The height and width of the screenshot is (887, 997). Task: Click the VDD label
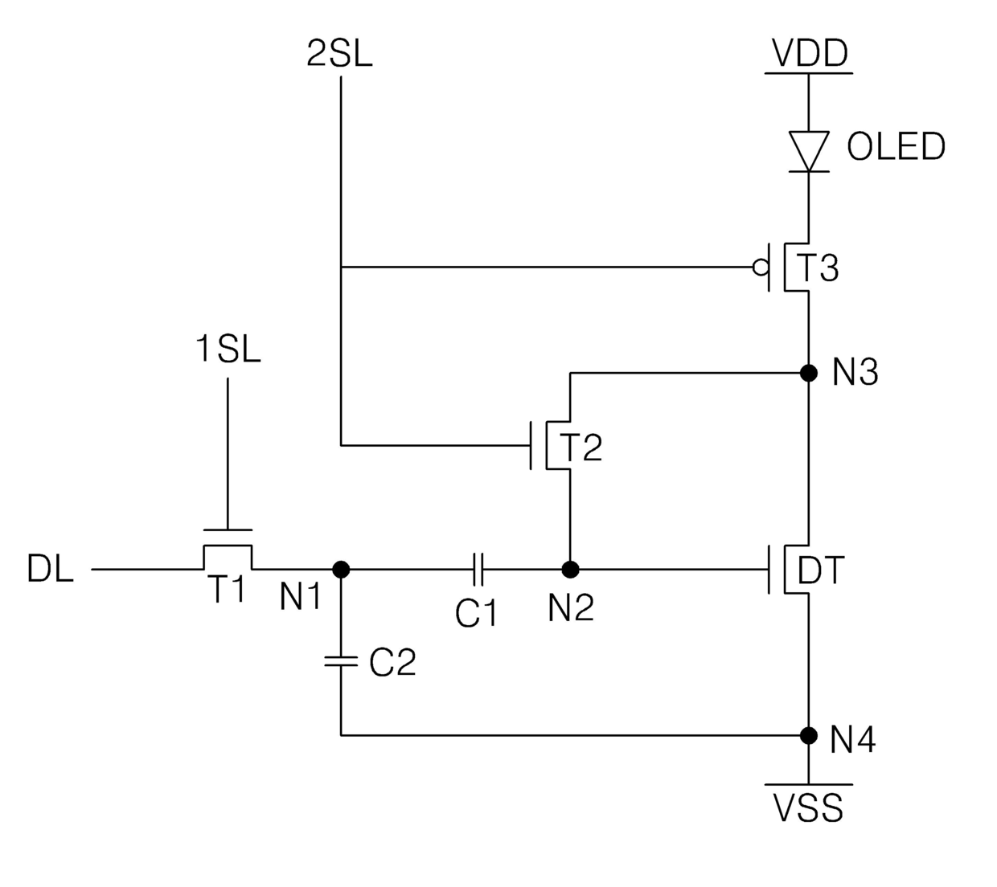[810, 53]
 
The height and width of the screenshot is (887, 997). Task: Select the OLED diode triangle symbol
[809, 151]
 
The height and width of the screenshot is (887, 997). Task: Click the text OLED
[896, 146]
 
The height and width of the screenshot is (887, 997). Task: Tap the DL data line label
[50, 569]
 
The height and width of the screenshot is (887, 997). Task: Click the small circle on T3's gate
[761, 268]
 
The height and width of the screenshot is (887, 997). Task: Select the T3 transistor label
[818, 268]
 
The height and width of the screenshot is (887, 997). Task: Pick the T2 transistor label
[581, 448]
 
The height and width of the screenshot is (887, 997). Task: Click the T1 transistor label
[228, 589]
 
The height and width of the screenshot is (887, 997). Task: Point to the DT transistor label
[820, 570]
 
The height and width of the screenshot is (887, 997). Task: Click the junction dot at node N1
[341, 570]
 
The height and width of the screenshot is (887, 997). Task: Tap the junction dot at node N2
[570, 570]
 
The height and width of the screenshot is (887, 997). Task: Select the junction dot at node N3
[809, 373]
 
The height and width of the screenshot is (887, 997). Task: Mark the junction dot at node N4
[809, 736]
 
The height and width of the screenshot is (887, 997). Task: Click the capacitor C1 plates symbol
[478, 570]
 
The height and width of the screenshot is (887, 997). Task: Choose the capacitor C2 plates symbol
[341, 661]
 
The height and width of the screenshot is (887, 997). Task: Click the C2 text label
[392, 662]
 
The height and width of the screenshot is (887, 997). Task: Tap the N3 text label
[855, 372]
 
